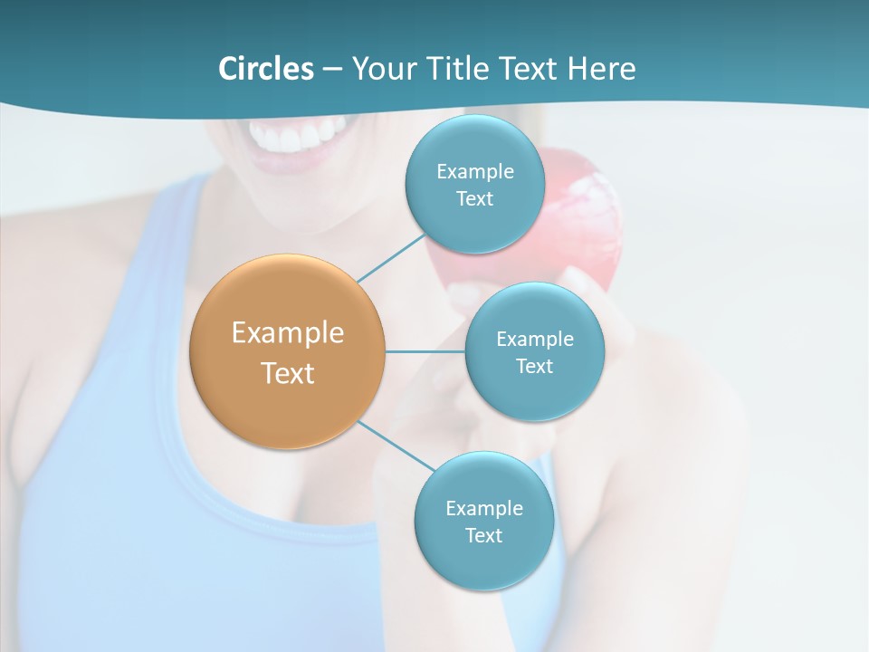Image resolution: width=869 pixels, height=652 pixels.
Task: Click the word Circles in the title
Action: pyautogui.click(x=265, y=69)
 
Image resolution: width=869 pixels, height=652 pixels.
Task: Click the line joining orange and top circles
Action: pyautogui.click(x=391, y=258)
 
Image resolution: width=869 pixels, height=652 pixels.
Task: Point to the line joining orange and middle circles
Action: pyautogui.click(x=425, y=351)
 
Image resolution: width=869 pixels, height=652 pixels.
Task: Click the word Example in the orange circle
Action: pyautogui.click(x=287, y=333)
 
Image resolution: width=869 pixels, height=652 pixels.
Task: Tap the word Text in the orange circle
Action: pyautogui.click(x=287, y=373)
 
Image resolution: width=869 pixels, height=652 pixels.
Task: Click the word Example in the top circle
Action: pyautogui.click(x=474, y=171)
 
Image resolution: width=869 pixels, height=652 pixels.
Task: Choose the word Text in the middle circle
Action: pyautogui.click(x=534, y=366)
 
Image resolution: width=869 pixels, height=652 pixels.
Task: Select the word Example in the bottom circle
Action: pyautogui.click(x=483, y=508)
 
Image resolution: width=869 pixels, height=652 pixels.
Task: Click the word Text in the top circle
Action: pyautogui.click(x=474, y=198)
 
